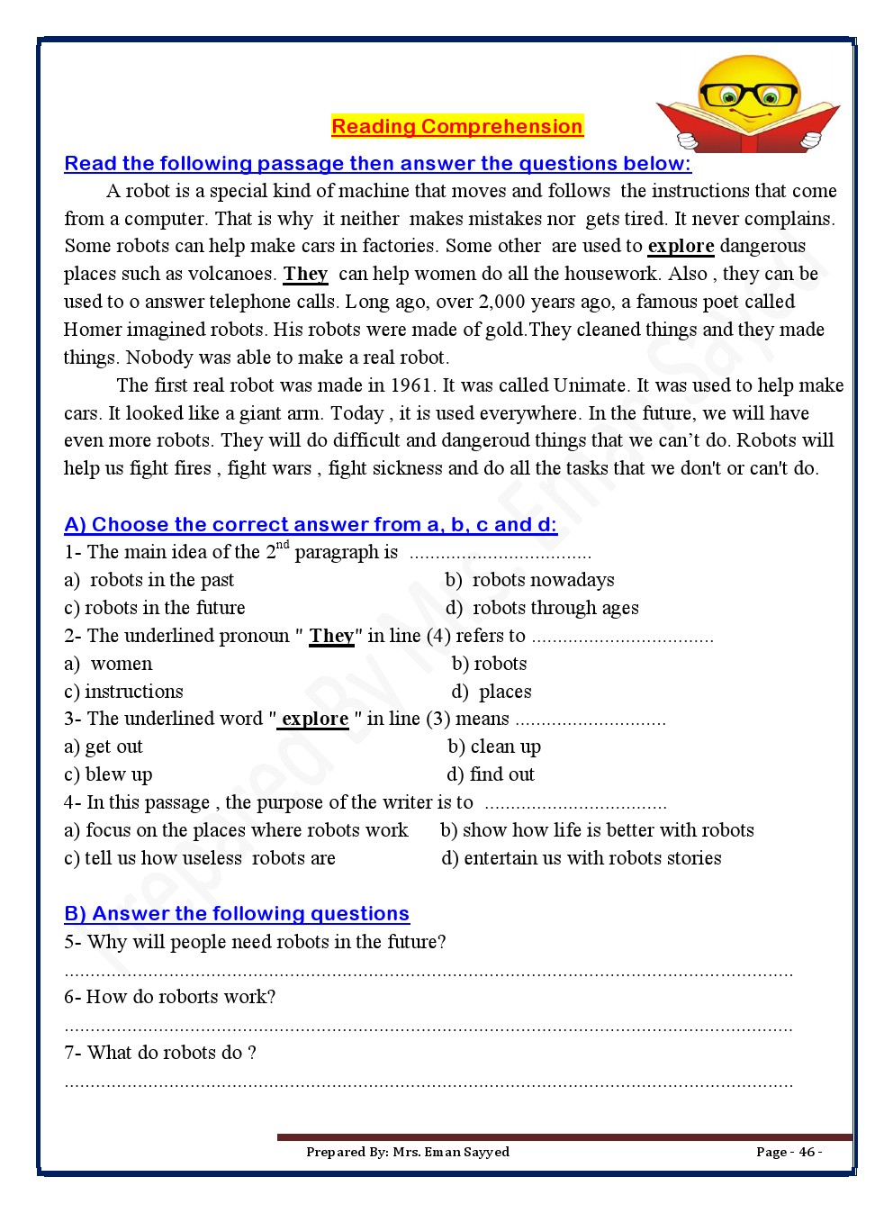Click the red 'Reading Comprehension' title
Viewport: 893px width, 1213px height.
pyautogui.click(x=457, y=127)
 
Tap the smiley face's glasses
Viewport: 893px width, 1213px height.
pyautogui.click(x=748, y=95)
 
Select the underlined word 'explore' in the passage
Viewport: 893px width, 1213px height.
pyautogui.click(x=681, y=246)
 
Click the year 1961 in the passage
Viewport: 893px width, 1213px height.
pyautogui.click(x=410, y=385)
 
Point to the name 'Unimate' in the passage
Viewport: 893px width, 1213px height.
pyautogui.click(x=590, y=385)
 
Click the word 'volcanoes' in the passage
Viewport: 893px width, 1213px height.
pyautogui.click(x=231, y=274)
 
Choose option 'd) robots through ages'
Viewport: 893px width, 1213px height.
pyautogui.click(x=543, y=608)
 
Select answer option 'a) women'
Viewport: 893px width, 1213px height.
pyautogui.click(x=109, y=664)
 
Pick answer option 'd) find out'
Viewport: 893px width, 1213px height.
pyautogui.click(x=491, y=774)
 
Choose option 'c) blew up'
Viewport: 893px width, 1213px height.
pyautogui.click(x=108, y=774)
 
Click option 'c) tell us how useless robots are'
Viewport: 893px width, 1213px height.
pyautogui.click(x=200, y=858)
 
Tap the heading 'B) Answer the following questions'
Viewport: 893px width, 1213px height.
pyautogui.click(x=237, y=914)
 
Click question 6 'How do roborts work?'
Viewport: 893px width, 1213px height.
pyautogui.click(x=170, y=997)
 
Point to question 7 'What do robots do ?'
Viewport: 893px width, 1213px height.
pyautogui.click(x=160, y=1053)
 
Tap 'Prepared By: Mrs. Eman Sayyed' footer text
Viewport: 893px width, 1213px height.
pyautogui.click(x=408, y=1152)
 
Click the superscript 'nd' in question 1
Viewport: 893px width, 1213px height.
pyautogui.click(x=283, y=545)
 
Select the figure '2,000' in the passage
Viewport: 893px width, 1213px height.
pyautogui.click(x=503, y=302)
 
